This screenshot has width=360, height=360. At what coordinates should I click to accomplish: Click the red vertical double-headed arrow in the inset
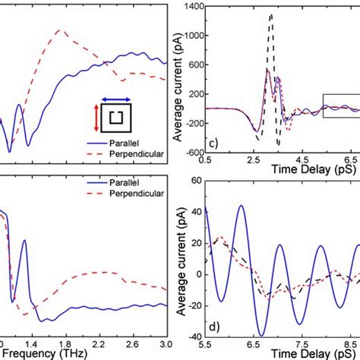(x=95, y=119)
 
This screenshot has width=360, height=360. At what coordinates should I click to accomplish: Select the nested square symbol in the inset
(x=117, y=118)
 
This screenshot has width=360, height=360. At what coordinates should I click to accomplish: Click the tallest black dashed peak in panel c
(x=272, y=14)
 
